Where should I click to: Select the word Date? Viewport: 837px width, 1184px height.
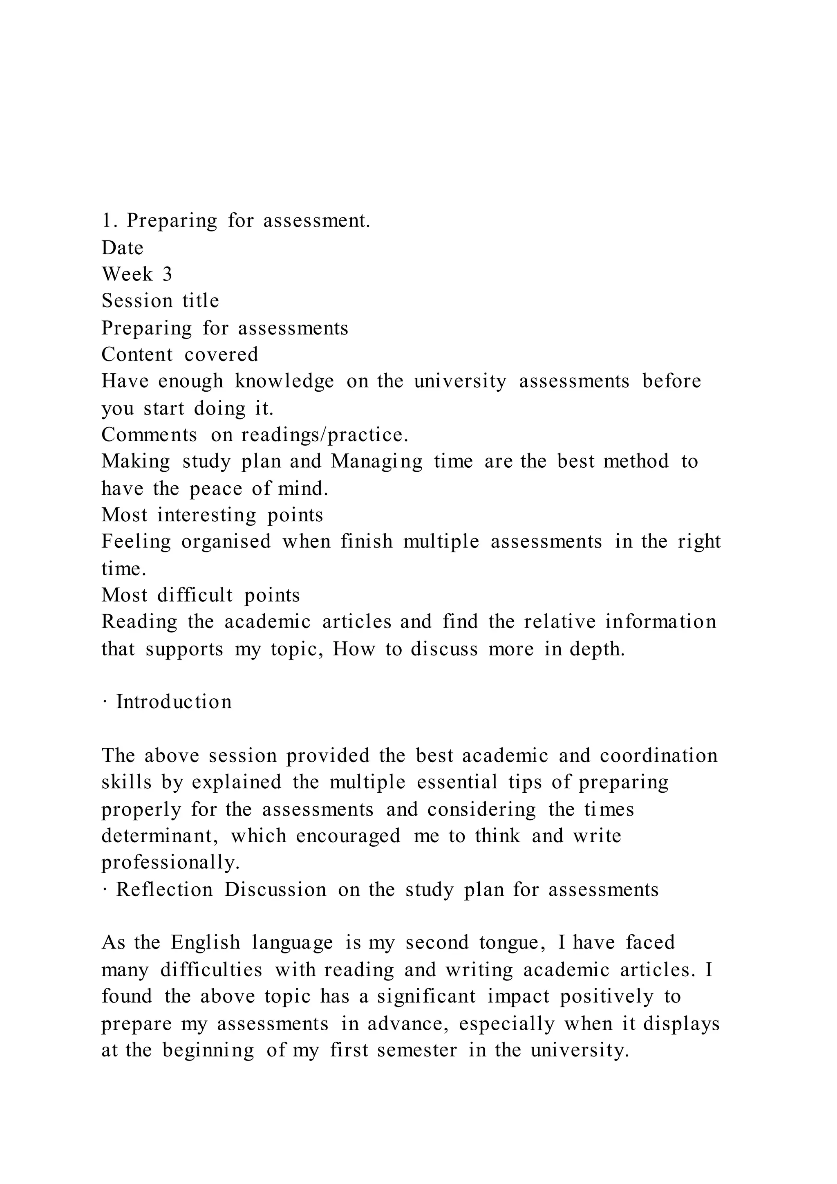pos(122,248)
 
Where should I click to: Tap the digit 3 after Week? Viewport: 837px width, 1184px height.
pos(167,274)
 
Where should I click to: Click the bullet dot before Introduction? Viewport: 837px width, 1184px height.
pos(105,702)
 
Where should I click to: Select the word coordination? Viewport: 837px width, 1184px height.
pos(659,756)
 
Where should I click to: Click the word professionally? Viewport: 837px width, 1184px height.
pos(170,863)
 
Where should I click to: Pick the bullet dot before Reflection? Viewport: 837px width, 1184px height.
pos(105,890)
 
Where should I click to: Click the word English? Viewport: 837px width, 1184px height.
pos(206,943)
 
